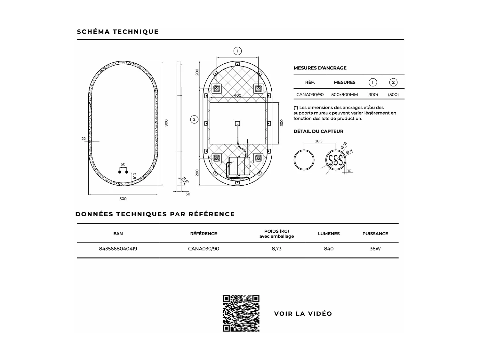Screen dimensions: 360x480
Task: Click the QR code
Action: [x=241, y=313]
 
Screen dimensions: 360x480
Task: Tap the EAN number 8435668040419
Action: [x=118, y=249]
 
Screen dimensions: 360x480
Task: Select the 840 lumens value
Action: [x=329, y=249]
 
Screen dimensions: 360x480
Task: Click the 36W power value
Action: [x=375, y=249]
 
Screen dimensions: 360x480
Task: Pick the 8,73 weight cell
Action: [x=276, y=249]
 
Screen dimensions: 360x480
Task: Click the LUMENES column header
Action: [x=329, y=234]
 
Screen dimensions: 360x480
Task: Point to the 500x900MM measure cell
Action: [x=345, y=95]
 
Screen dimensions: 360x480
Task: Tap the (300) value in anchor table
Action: [x=372, y=95]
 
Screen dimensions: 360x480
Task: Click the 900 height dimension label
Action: [x=166, y=123]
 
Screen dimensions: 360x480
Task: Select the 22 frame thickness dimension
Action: [x=84, y=139]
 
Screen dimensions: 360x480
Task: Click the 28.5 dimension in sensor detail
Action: [x=318, y=141]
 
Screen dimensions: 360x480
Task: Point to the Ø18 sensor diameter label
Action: [x=343, y=146]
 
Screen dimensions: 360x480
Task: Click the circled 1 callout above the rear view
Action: [x=237, y=51]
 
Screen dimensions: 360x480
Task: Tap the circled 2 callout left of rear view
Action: [x=194, y=120]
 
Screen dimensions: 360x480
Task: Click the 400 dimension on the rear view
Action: [x=237, y=95]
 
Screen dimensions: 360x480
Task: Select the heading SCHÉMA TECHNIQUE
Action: [x=118, y=32]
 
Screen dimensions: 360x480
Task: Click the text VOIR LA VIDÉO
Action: [x=303, y=314]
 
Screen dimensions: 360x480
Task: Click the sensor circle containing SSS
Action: [x=336, y=160]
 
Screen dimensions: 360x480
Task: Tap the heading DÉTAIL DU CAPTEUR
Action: [x=318, y=131]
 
